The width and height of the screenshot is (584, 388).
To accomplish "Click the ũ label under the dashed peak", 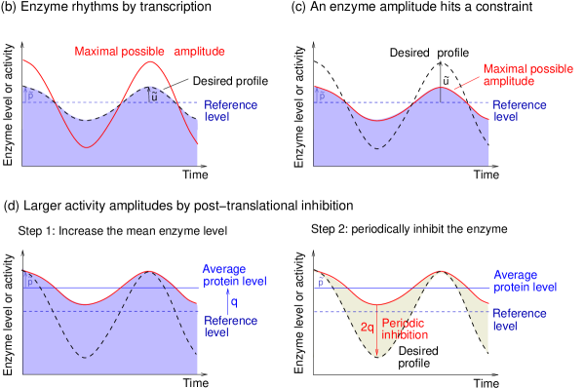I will (x=154, y=97).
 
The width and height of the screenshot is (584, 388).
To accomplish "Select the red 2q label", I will (x=367, y=328).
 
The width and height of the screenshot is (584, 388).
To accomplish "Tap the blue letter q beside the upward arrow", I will (x=233, y=301).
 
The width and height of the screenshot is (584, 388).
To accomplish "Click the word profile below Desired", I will (x=413, y=364).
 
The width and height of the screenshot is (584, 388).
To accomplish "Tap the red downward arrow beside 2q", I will (x=377, y=331).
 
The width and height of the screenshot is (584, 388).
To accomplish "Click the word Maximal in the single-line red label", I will (x=98, y=51).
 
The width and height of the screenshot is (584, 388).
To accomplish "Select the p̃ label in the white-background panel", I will (x=321, y=283).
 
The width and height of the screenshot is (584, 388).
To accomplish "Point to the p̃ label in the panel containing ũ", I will (x=29, y=97).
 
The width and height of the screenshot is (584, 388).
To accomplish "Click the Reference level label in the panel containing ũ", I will (x=230, y=109).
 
